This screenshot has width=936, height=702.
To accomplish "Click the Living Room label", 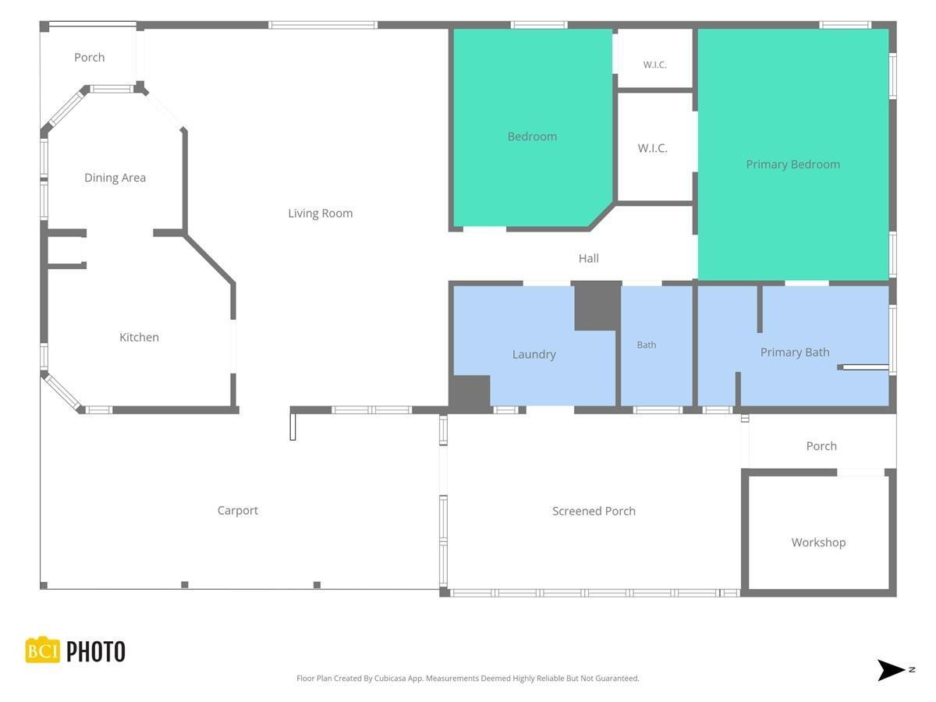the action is click(x=321, y=213).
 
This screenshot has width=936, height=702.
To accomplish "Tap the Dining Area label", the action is click(x=115, y=178).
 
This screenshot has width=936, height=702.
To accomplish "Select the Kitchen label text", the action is click(x=139, y=337).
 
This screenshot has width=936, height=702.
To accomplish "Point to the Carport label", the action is click(x=238, y=511).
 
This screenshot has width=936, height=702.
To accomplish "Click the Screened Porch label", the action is click(x=594, y=511).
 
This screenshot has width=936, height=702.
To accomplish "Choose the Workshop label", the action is click(x=818, y=542).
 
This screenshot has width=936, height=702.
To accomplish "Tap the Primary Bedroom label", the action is click(x=792, y=165).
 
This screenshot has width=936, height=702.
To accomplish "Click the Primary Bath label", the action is click(x=795, y=353).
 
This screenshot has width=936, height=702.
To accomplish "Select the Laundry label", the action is click(x=534, y=355).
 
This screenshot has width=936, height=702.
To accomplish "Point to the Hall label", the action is click(x=588, y=258).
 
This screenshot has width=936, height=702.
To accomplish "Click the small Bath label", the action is click(x=647, y=345).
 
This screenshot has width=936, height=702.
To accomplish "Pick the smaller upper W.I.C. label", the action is click(x=654, y=65).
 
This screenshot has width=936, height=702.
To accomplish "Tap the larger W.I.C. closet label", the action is click(x=652, y=148).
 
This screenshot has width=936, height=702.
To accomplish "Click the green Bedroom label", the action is click(x=532, y=136).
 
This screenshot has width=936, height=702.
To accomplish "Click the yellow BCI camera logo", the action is click(x=43, y=650).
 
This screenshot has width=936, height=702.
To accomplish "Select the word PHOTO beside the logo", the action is click(x=96, y=652).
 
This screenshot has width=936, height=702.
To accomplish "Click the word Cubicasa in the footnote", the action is click(x=390, y=678).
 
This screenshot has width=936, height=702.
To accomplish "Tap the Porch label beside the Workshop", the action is click(x=821, y=446).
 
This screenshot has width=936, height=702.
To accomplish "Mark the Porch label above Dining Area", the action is click(x=90, y=58).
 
